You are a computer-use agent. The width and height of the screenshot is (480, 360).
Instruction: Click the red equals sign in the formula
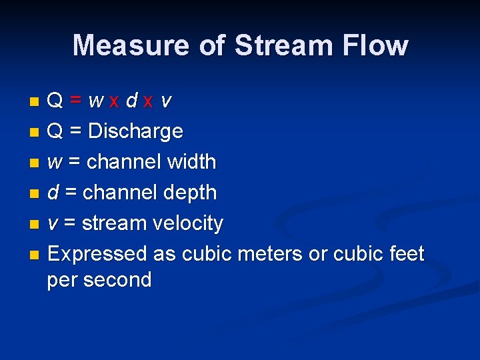[x=77, y=101]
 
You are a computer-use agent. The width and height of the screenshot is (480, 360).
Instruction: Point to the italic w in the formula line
[x=96, y=101]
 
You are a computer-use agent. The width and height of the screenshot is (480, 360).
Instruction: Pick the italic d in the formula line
[x=132, y=101]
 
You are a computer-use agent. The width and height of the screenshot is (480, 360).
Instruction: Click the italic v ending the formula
[x=166, y=101]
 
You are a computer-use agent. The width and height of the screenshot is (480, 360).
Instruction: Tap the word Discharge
[x=135, y=131]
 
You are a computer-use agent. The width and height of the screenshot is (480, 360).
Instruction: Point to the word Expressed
[x=97, y=254]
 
